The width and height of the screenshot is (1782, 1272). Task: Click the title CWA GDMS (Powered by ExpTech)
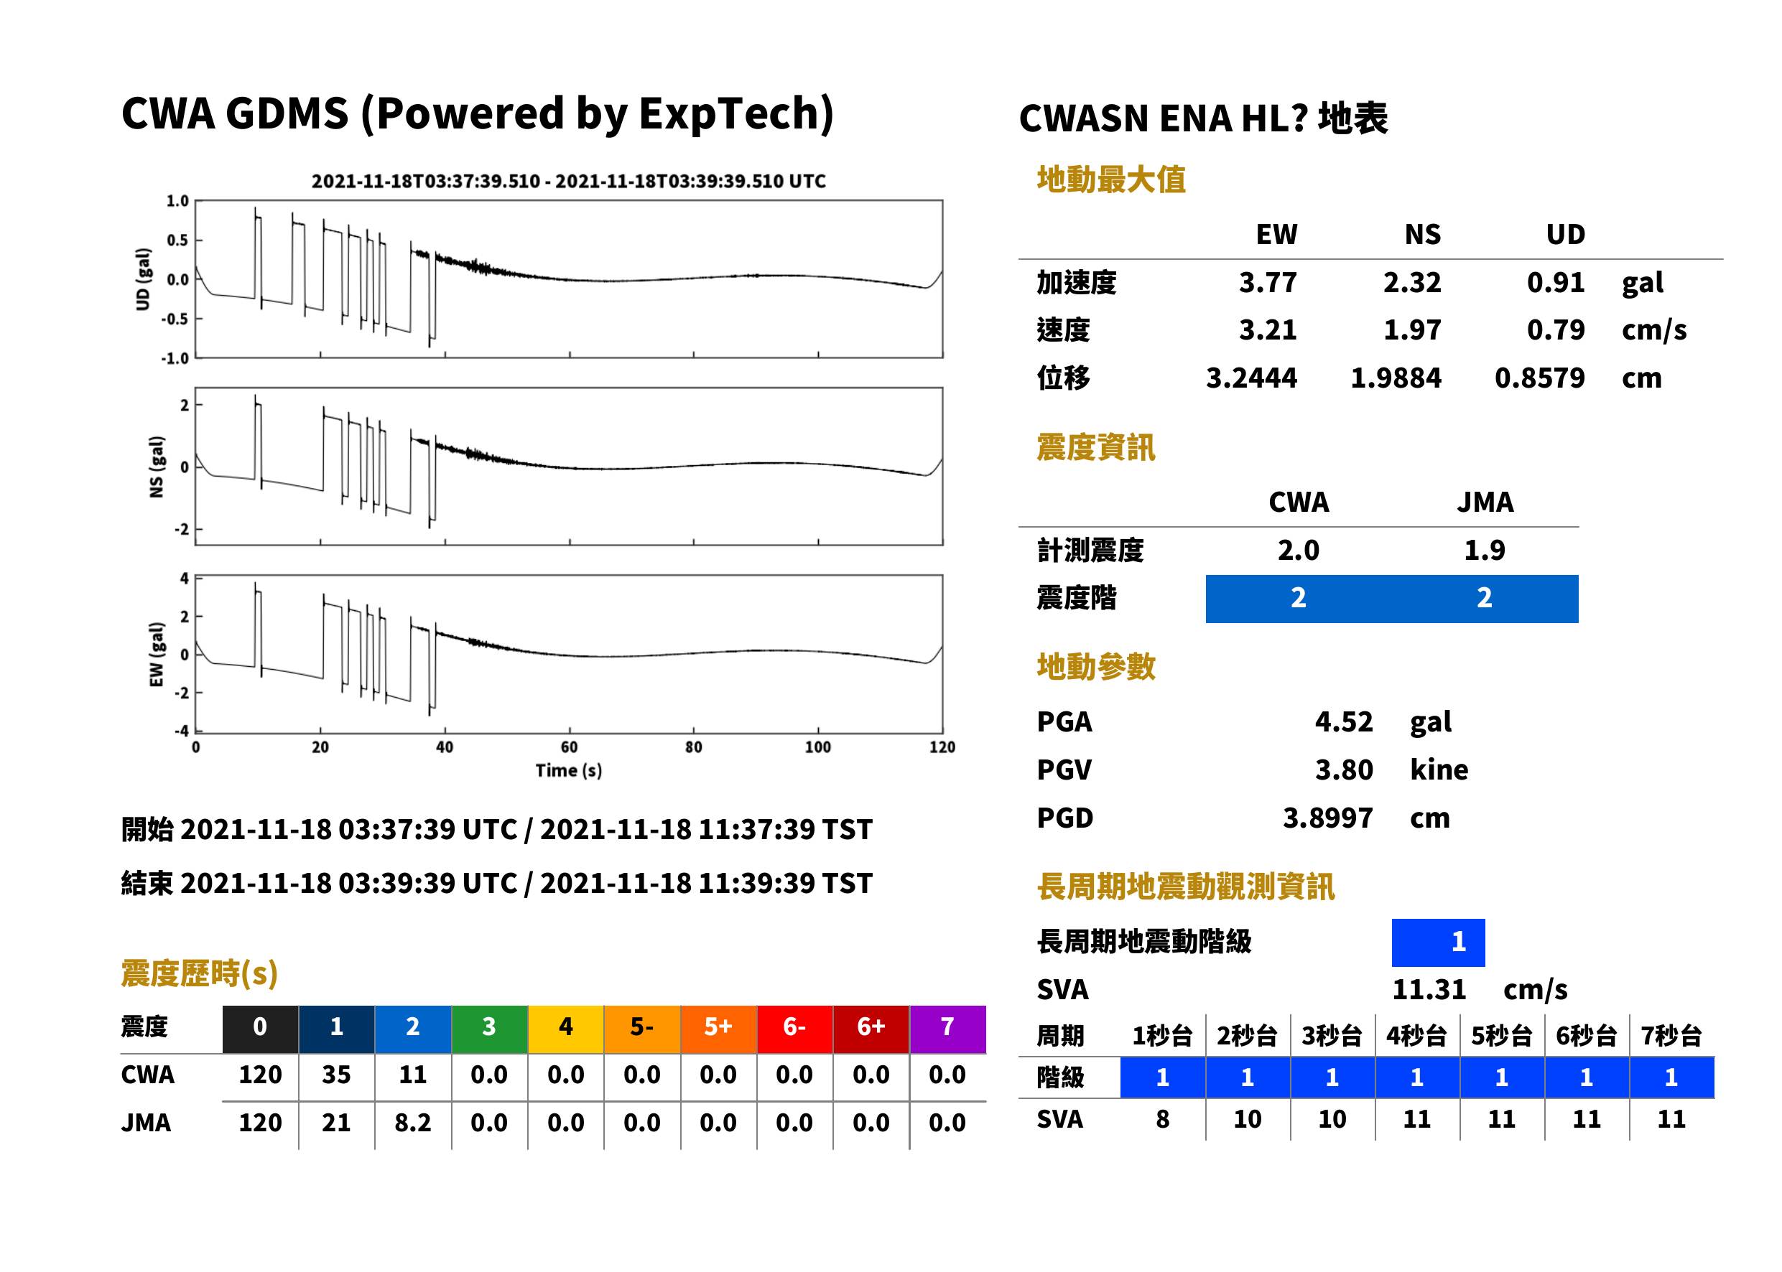[x=477, y=114]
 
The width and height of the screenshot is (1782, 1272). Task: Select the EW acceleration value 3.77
[x=1267, y=282]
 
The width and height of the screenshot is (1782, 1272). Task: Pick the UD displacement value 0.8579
[x=1539, y=378]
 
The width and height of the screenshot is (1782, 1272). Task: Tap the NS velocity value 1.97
[x=1411, y=329]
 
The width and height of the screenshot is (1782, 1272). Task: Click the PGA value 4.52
[x=1343, y=721]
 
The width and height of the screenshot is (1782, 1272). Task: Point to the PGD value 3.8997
[x=1327, y=818]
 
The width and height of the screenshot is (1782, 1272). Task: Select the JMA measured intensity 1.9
[x=1484, y=550]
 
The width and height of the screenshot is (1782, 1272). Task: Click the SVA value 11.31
[x=1429, y=989]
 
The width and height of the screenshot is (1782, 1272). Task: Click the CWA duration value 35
[x=336, y=1075]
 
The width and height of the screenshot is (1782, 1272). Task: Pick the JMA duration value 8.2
[x=413, y=1123]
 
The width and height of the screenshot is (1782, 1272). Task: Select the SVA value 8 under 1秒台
[x=1162, y=1118]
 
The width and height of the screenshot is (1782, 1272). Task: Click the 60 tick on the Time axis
[x=569, y=747]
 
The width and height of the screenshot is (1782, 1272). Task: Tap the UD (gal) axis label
[x=143, y=280]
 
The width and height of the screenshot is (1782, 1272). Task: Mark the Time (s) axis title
[x=569, y=771]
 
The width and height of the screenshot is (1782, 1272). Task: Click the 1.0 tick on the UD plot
[x=178, y=201]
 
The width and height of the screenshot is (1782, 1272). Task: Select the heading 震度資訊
[x=1095, y=447]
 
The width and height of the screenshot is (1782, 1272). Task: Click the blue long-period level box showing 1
[x=1438, y=943]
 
